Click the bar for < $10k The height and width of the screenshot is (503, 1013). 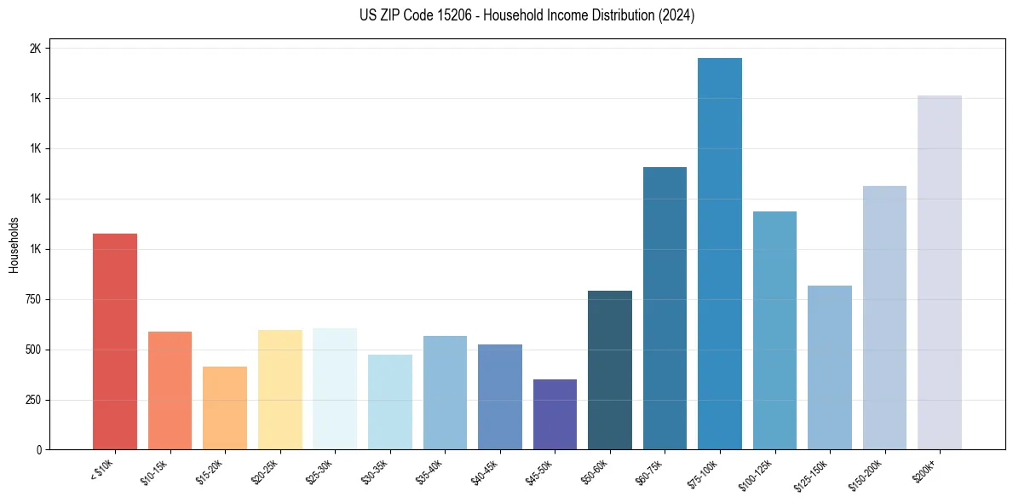pos(115,341)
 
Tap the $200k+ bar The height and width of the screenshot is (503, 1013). pos(940,272)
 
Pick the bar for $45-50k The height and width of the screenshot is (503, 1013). pos(555,414)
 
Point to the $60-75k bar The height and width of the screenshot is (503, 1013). pos(665,308)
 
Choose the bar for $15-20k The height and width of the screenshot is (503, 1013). pos(225,408)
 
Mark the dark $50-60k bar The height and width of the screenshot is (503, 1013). pos(610,370)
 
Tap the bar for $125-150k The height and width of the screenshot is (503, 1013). pos(830,367)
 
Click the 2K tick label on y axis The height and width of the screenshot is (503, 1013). pos(35,49)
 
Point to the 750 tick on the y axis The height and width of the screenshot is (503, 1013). pos(32,299)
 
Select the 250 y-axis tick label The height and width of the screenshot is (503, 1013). pos(32,400)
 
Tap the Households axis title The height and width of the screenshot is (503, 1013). pos(14,245)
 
